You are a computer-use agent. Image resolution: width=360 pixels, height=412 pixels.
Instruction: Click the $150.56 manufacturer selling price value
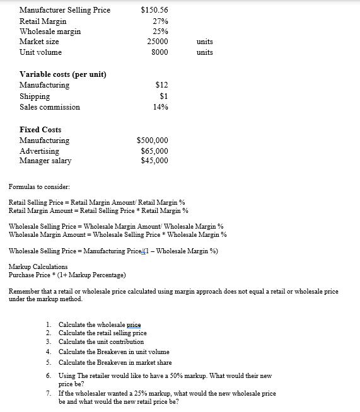point(154,10)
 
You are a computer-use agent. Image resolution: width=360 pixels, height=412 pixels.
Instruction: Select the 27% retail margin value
point(160,21)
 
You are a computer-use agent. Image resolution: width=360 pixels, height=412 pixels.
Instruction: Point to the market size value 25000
point(158,42)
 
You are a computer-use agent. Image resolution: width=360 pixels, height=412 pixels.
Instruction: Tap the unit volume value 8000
point(160,52)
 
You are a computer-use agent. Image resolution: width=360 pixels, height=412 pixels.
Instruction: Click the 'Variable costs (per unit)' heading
point(63,74)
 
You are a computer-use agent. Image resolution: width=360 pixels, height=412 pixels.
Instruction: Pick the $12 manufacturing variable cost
point(161,85)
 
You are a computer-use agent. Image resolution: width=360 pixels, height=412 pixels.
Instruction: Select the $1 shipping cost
point(163,96)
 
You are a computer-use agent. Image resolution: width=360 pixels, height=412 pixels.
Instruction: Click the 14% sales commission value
point(160,107)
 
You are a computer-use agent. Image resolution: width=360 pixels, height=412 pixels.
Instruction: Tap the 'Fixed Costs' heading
point(40,129)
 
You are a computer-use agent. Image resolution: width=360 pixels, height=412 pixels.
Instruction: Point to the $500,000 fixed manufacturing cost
point(153,140)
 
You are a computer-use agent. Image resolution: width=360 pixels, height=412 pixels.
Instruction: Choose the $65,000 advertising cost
point(154,151)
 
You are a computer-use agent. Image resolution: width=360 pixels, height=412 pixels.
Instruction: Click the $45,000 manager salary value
point(154,161)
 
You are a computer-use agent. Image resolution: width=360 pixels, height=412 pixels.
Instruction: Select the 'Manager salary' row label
point(45,161)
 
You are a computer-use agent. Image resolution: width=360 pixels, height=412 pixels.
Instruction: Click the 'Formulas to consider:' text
point(40,187)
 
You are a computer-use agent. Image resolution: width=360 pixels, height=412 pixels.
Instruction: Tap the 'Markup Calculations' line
point(38,267)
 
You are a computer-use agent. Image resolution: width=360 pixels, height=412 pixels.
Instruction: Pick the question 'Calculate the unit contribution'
point(101,341)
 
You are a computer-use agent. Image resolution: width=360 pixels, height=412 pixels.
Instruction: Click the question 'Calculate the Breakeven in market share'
point(115,362)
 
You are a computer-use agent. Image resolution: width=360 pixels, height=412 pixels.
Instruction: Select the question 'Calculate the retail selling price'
point(102,333)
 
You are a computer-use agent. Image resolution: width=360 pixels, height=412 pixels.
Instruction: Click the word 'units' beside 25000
point(205,42)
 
